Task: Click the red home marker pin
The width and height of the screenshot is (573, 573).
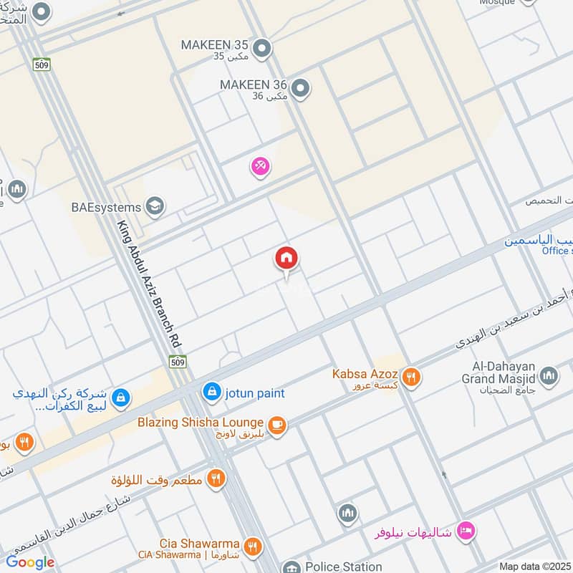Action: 286,259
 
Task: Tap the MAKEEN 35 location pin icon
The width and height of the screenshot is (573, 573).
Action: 262,48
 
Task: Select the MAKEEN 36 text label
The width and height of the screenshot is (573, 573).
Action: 254,85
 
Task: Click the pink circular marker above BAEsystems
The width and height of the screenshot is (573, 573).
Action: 260,166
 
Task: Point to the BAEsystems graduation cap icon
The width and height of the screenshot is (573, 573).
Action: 155,207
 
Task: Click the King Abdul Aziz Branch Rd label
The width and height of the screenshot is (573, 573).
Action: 149,284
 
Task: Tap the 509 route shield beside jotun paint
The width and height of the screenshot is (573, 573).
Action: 180,362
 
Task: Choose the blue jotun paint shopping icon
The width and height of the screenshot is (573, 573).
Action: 211,392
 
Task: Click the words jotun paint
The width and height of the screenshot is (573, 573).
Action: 254,393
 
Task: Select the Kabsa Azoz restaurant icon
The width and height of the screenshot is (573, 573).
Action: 410,377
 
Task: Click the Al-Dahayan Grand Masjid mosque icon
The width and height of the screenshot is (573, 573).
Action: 549,376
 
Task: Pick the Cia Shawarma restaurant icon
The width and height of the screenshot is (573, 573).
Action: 251,546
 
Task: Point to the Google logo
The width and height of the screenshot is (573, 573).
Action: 30,562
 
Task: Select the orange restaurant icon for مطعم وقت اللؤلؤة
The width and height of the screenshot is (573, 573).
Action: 215,478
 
